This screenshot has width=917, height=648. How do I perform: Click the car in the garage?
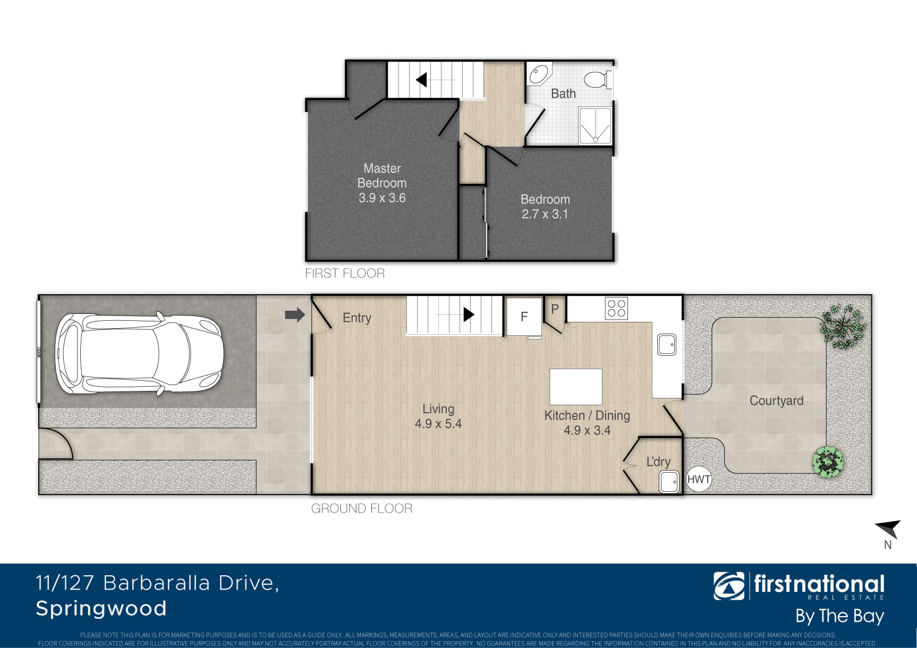coord(139,354)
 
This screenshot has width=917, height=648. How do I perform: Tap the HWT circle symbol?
coord(699,480)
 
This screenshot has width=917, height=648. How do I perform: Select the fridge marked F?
coord(524,317)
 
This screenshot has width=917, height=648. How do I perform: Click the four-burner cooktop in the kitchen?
coord(616,308)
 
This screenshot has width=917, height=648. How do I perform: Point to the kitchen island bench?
coord(576,387)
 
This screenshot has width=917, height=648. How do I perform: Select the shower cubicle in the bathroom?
coord(595,126)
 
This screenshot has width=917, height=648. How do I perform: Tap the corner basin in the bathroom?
coord(539,74)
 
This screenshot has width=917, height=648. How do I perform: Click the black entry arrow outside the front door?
coord(295,315)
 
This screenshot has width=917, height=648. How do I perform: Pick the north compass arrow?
coord(889,528)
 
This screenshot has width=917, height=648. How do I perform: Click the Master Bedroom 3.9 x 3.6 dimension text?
coord(382,198)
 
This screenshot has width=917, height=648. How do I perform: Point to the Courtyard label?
coord(776,401)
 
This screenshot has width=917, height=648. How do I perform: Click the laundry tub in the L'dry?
coord(669,482)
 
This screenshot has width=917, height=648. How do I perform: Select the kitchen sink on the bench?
coord(667,344)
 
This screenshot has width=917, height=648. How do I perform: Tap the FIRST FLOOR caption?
coord(345,274)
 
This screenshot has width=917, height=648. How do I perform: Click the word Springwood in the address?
coord(101,609)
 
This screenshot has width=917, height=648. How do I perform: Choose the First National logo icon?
coord(729,586)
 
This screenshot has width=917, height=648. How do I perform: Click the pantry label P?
coord(555,309)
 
